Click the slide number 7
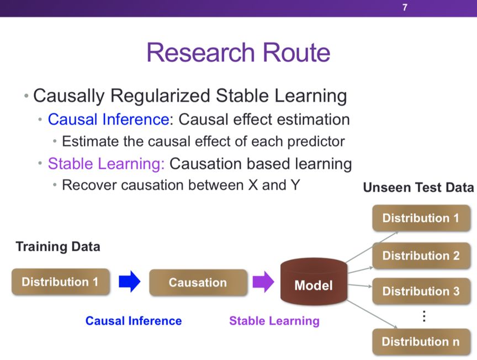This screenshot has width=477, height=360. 405,8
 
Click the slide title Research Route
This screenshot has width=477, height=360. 239,53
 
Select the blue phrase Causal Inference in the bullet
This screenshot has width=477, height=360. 110,119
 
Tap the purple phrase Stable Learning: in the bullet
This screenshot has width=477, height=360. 107,163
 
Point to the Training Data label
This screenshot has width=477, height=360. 58,246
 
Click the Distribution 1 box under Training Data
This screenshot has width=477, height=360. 60,282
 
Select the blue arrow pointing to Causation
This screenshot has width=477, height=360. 130,282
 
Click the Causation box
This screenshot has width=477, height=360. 198,283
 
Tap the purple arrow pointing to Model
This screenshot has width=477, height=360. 263,282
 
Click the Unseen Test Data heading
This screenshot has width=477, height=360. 418,188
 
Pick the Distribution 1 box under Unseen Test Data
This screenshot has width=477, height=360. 421,218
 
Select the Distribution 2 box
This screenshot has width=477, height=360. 421,256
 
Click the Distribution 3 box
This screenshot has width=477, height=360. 421,291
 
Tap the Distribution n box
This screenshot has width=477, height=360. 421,341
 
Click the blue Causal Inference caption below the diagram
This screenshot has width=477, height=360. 134,321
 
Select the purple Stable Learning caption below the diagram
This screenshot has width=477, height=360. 274,321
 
